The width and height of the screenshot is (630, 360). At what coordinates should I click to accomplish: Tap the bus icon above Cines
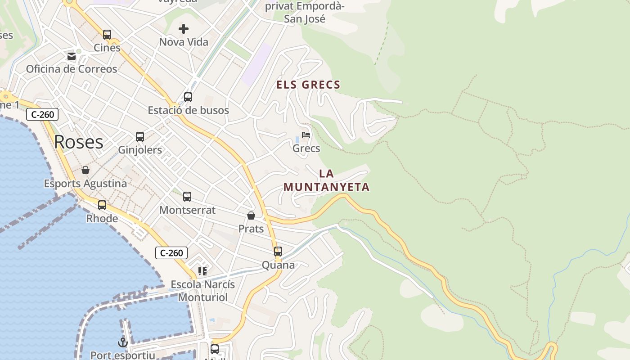(107, 35)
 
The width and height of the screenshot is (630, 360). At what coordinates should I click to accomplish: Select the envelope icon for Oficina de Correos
(72, 56)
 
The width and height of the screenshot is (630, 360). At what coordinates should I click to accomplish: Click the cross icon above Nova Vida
(184, 29)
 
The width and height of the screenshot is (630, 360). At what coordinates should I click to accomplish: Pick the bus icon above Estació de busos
(188, 97)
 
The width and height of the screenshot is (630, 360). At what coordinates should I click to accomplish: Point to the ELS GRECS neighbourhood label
(308, 85)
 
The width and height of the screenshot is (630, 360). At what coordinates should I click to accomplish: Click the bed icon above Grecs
(306, 135)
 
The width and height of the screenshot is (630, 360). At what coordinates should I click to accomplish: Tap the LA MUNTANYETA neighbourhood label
(327, 180)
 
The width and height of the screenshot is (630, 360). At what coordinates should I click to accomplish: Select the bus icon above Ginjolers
(140, 137)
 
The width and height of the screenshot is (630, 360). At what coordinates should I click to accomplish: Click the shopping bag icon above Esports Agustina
(85, 170)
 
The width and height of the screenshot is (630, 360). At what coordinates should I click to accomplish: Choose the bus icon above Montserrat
(187, 197)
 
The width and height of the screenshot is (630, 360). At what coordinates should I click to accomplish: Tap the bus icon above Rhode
(102, 205)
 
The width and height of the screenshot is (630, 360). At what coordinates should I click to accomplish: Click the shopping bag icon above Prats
(251, 216)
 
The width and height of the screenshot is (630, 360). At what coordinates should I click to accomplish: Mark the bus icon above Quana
(278, 252)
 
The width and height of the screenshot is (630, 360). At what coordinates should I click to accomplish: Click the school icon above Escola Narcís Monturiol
(202, 271)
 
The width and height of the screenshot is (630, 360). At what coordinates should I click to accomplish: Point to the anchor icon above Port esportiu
(122, 343)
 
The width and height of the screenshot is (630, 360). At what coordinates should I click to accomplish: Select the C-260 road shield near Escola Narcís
(171, 253)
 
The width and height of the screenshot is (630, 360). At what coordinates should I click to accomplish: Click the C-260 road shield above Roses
(42, 114)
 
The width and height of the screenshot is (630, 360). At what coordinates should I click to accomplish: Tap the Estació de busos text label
(188, 110)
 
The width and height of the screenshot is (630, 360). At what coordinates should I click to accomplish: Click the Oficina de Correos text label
(72, 69)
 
